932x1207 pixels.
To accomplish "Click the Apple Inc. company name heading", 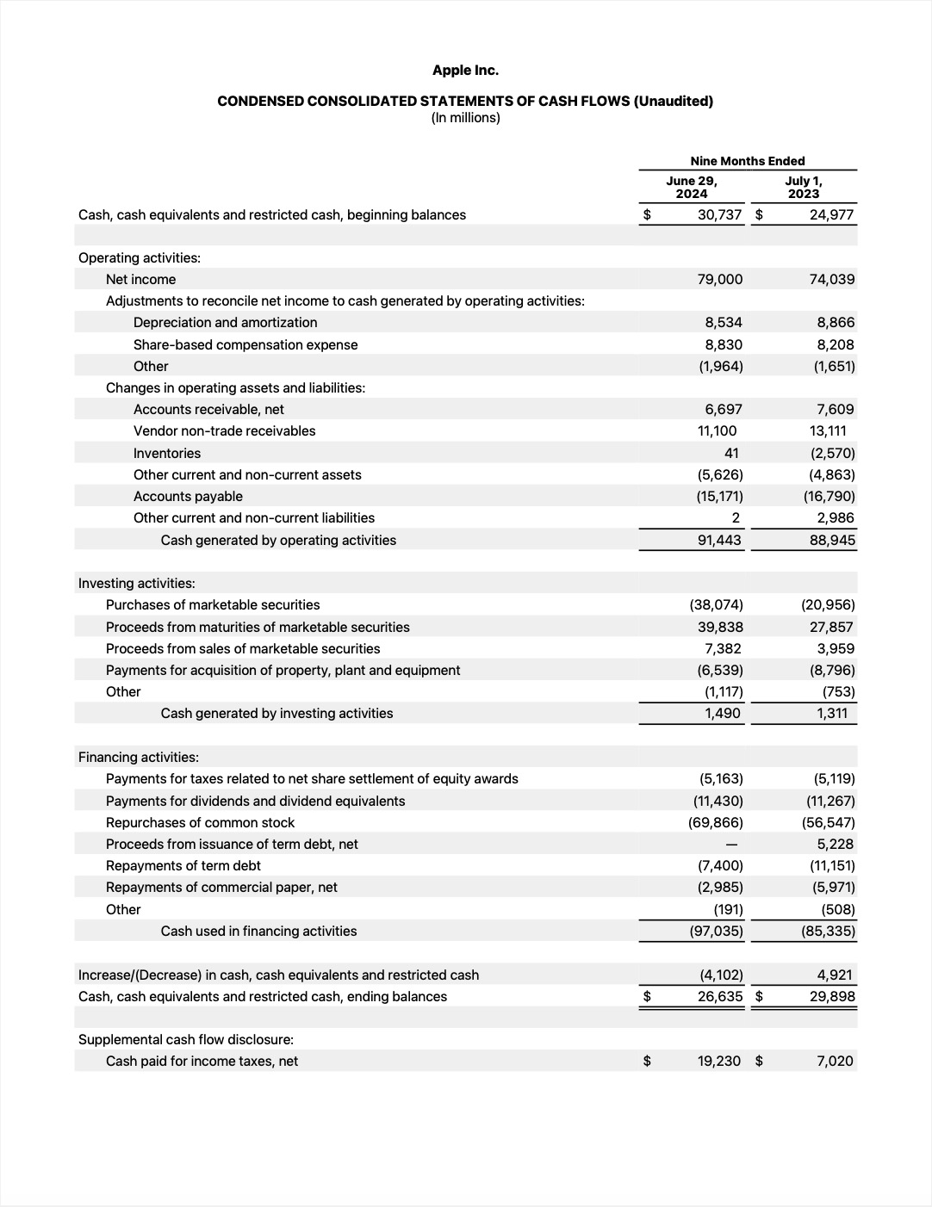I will (x=465, y=71).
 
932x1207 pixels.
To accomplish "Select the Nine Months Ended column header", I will (x=747, y=161).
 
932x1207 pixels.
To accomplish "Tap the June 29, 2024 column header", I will (x=691, y=187).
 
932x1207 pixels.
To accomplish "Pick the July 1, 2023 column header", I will (x=803, y=187).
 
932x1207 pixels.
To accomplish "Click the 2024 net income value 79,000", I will (x=719, y=279).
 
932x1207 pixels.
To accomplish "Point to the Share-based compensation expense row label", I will (x=245, y=344).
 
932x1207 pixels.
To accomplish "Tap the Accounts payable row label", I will (x=188, y=496).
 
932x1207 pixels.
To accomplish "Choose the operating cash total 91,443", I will (x=719, y=540).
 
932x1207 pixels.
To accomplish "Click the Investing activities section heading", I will (x=136, y=583).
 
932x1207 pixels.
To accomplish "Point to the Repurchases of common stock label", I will (x=200, y=822).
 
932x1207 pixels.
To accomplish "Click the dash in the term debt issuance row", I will (x=731, y=845).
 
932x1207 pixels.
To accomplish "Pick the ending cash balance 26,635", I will (x=719, y=996).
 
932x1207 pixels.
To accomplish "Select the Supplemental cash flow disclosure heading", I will (x=186, y=1039).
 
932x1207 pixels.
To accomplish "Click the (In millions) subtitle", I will (x=465, y=118).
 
